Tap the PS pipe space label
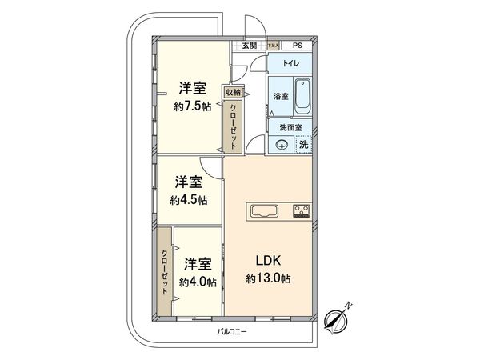297,46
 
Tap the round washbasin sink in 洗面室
282,145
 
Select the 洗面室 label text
289,126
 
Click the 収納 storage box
231,92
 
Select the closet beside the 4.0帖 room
164,271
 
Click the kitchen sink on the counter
265,212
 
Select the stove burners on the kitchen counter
301,212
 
